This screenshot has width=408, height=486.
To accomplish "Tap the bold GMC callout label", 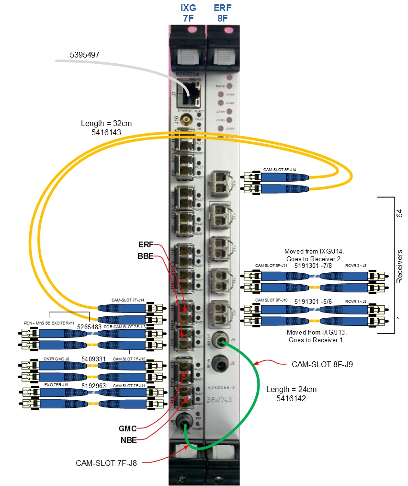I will pyautogui.click(x=128, y=428).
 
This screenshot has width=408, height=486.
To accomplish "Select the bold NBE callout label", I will pyautogui.click(x=128, y=440).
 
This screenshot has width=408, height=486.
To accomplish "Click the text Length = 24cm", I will pyautogui.click(x=291, y=390).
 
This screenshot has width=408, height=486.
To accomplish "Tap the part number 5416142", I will pyautogui.click(x=291, y=398).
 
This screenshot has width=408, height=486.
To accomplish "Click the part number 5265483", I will pyautogui.click(x=89, y=327).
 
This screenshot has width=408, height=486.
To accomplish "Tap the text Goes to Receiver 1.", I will pyautogui.click(x=316, y=340).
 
